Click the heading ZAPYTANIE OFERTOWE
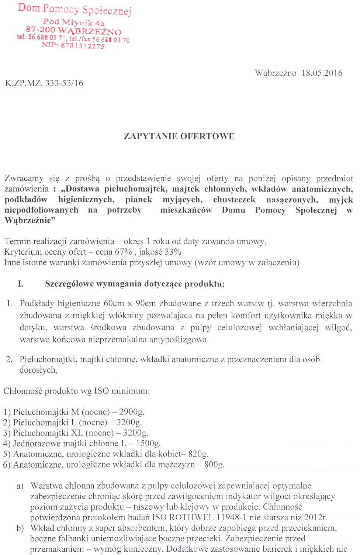pyautogui.click(x=179, y=136)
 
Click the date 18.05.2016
pyautogui.click(x=322, y=73)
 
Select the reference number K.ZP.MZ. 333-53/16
pyautogui.click(x=44, y=83)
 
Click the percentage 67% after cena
pyautogui.click(x=124, y=252)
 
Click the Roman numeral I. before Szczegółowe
pyautogui.click(x=21, y=284)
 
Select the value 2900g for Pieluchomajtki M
pyautogui.click(x=131, y=412)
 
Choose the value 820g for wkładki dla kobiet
pyautogui.click(x=198, y=454)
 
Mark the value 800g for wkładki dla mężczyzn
pyautogui.click(x=214, y=465)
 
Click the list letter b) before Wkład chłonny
pyautogui.click(x=20, y=528)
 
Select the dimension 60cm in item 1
pyautogui.click(x=114, y=303)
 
